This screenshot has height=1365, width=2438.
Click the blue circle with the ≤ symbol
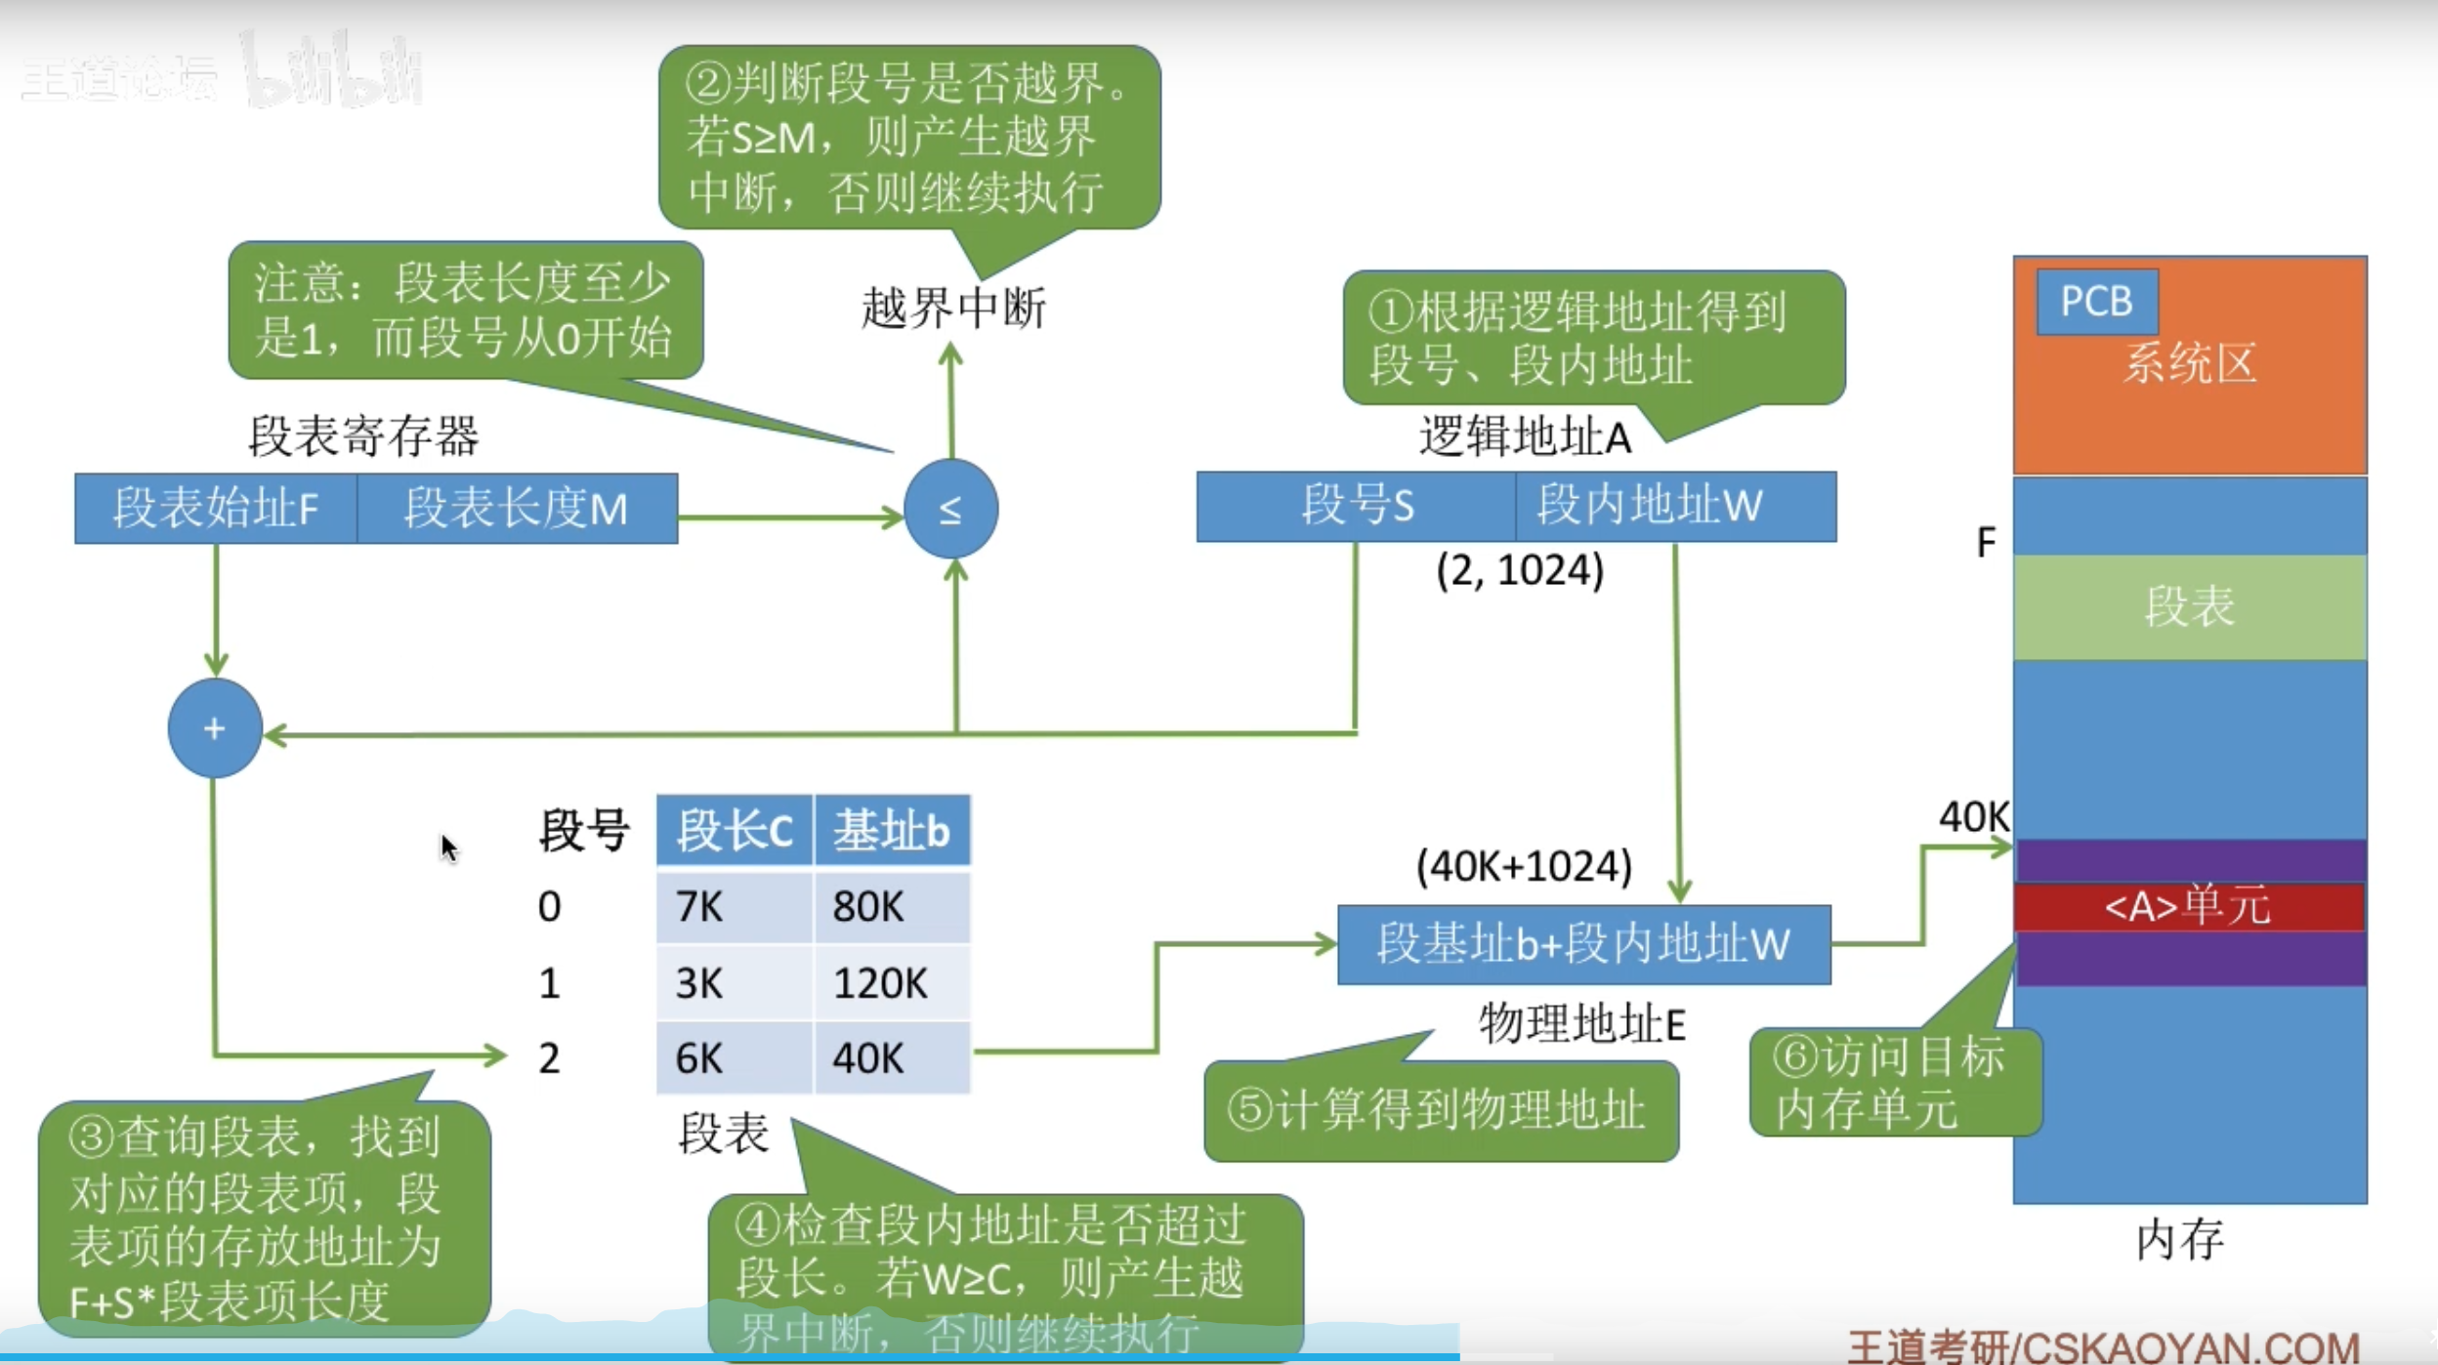coord(950,509)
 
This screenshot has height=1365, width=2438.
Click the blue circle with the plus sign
coord(215,727)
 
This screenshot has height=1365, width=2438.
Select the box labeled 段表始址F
coord(216,509)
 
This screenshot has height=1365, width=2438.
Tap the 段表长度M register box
coord(517,509)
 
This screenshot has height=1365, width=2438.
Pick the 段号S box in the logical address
coord(1356,506)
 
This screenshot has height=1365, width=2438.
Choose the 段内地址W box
coord(1675,506)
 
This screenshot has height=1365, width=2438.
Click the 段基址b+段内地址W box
coord(1583,944)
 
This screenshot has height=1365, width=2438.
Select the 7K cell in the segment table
coord(734,907)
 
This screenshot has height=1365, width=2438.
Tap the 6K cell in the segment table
coord(734,1058)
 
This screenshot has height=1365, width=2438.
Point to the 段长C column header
coord(734,831)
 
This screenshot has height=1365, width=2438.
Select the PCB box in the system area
coord(2096,301)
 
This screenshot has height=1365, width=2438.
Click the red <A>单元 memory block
coord(2189,906)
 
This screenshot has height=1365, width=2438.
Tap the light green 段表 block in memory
coord(2189,606)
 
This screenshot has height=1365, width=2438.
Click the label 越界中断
coord(953,309)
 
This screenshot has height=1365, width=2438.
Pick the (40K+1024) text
coord(1524,866)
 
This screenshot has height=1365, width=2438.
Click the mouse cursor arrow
coord(448,848)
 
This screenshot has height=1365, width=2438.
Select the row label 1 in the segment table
coord(549,983)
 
